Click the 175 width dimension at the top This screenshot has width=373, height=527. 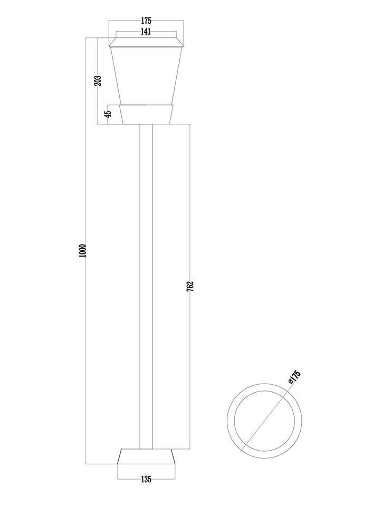click(146, 21)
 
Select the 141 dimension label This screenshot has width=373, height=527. click(146, 32)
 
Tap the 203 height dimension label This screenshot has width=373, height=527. click(98, 81)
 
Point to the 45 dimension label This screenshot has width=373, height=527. click(108, 114)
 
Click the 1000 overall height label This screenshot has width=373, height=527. click(83, 251)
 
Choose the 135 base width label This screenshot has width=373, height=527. click(146, 479)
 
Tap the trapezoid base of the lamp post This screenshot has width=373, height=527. click(146, 456)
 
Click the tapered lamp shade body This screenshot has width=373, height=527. click(146, 75)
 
